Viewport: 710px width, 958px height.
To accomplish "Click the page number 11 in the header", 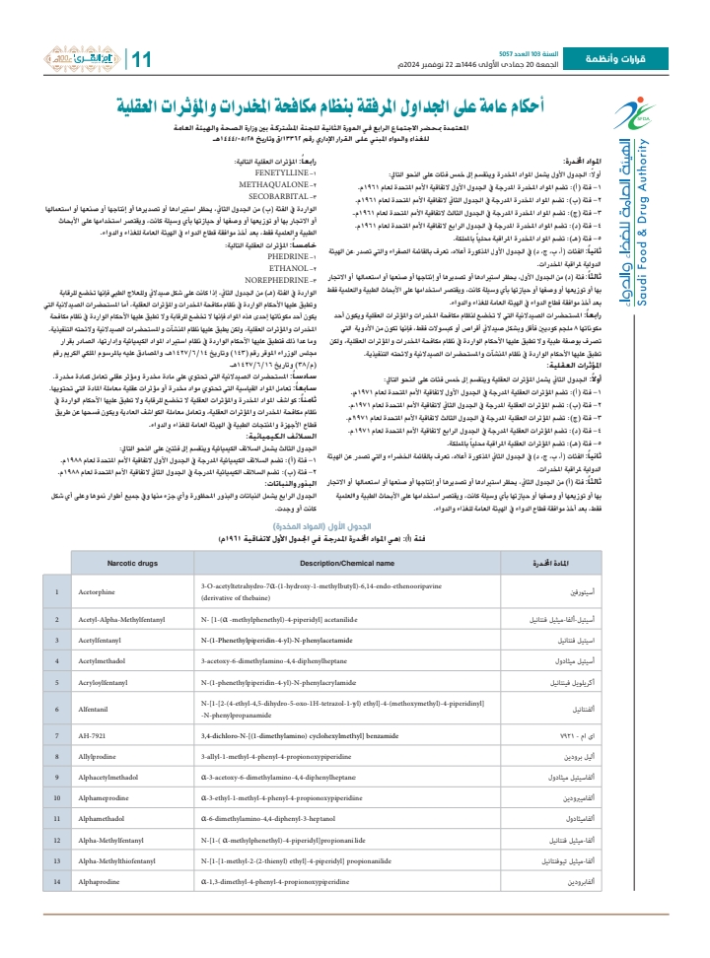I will (139, 59).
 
